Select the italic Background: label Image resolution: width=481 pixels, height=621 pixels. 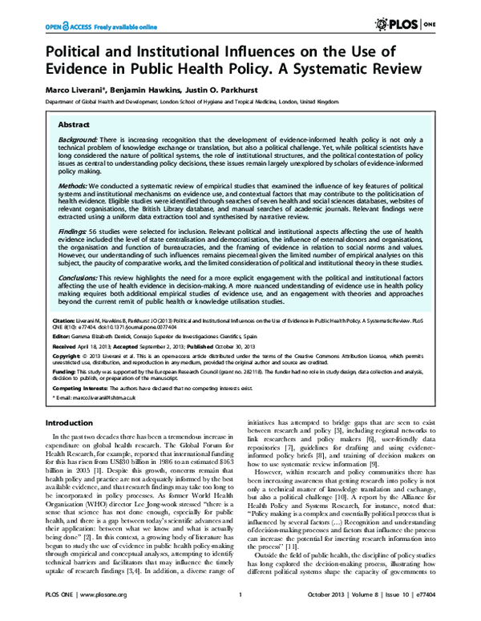[78, 140]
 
